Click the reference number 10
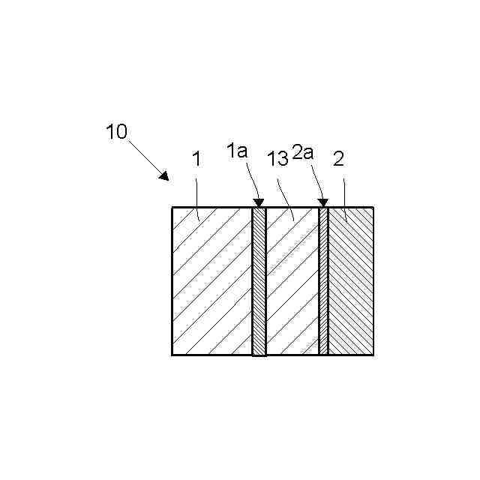click(x=116, y=132)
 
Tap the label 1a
click(x=237, y=151)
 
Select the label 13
click(x=277, y=159)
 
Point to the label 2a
click(x=303, y=153)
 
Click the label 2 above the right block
click(x=338, y=158)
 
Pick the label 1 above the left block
click(x=196, y=159)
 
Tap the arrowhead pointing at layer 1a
click(x=259, y=202)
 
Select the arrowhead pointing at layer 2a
click(x=323, y=202)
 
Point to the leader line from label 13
click(x=286, y=198)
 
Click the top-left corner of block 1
click(x=172, y=208)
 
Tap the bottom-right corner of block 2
click(x=373, y=355)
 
